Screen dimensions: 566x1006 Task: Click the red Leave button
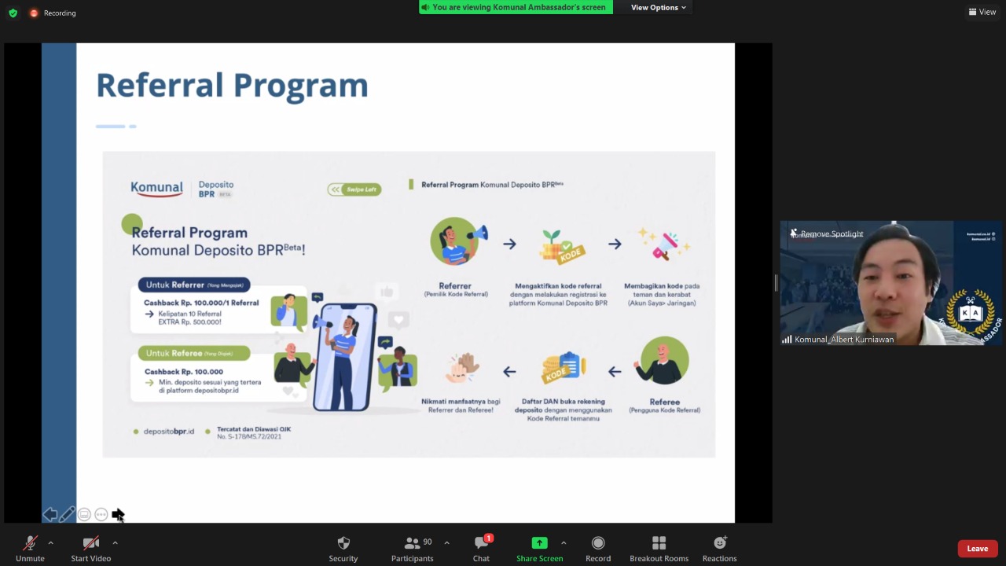click(x=977, y=549)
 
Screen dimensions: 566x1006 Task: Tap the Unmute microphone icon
click(x=30, y=543)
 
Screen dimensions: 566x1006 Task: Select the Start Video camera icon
click(x=91, y=543)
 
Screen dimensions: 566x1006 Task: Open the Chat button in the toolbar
click(x=481, y=543)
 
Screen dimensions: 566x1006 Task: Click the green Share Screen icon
click(x=539, y=543)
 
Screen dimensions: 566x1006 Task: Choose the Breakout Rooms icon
click(x=659, y=543)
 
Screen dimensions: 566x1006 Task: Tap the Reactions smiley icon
click(x=719, y=543)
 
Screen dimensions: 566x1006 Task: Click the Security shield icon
click(x=343, y=543)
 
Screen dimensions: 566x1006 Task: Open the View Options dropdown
click(x=658, y=8)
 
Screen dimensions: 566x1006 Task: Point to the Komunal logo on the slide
click(x=156, y=189)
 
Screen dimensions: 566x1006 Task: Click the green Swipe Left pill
click(x=354, y=189)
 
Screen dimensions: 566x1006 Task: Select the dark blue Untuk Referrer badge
click(x=194, y=285)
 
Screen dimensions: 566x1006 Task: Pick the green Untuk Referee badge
click(x=194, y=353)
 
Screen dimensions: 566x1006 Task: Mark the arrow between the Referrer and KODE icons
click(x=509, y=244)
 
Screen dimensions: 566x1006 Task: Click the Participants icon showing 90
click(x=413, y=543)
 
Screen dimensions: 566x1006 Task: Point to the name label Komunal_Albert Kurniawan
click(x=843, y=340)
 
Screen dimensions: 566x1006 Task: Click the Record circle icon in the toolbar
click(x=598, y=543)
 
